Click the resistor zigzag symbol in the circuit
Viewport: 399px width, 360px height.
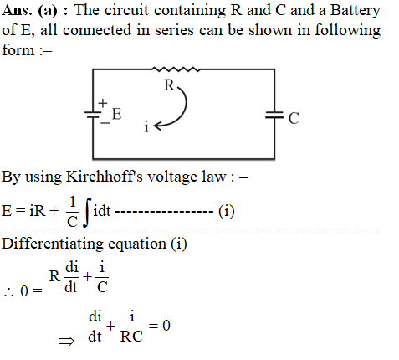(176, 69)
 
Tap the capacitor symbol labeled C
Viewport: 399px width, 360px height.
(274, 115)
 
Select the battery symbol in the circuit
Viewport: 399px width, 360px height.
(93, 115)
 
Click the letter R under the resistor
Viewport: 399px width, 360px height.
(169, 85)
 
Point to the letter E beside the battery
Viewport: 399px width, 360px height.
(116, 114)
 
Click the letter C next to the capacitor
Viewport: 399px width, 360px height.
(294, 118)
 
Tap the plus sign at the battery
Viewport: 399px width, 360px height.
(103, 103)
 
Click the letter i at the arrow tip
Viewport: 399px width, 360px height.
(146, 126)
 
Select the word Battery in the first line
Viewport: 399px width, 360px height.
(355, 11)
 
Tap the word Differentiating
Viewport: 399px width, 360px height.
(53, 244)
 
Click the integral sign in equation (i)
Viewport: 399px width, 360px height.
(87, 212)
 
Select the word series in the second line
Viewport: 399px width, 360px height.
(174, 30)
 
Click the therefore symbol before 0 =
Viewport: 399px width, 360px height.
(8, 292)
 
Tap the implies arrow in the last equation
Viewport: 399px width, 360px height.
(67, 341)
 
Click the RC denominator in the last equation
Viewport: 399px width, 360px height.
(131, 336)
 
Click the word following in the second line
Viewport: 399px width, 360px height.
(347, 30)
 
